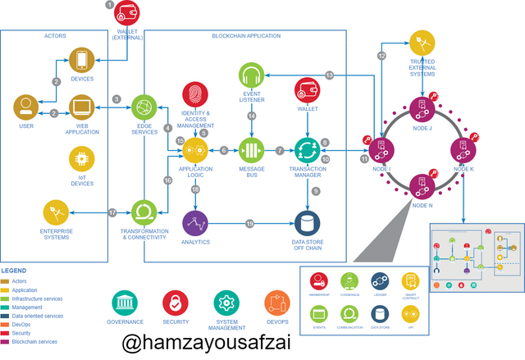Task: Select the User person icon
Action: [x=25, y=107]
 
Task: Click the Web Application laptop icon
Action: [x=80, y=107]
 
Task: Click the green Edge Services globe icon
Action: [x=144, y=107]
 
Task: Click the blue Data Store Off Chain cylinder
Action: [x=307, y=222]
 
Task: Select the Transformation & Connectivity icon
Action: [x=144, y=212]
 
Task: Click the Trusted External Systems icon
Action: [x=422, y=40]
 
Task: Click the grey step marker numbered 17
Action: [x=112, y=212]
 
